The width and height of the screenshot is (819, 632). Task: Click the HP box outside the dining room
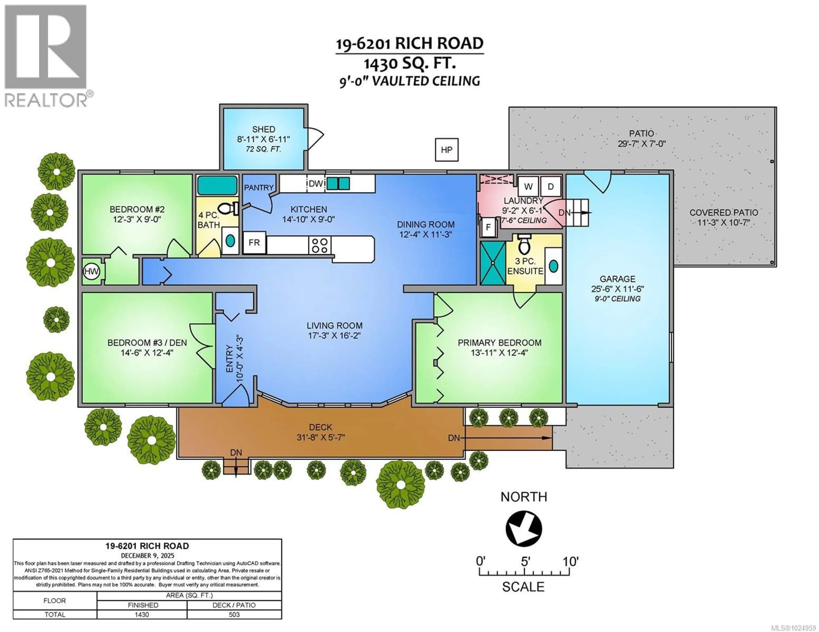click(446, 150)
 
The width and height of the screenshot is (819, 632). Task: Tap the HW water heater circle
click(91, 271)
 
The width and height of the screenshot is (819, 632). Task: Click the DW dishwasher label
click(316, 184)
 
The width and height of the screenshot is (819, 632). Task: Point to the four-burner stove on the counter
click(320, 245)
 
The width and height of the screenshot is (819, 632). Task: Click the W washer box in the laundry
click(528, 186)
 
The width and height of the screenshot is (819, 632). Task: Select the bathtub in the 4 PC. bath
click(218, 185)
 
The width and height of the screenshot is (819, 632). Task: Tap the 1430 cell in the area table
click(142, 614)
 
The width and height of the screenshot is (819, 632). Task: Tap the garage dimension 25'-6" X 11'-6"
click(617, 289)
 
